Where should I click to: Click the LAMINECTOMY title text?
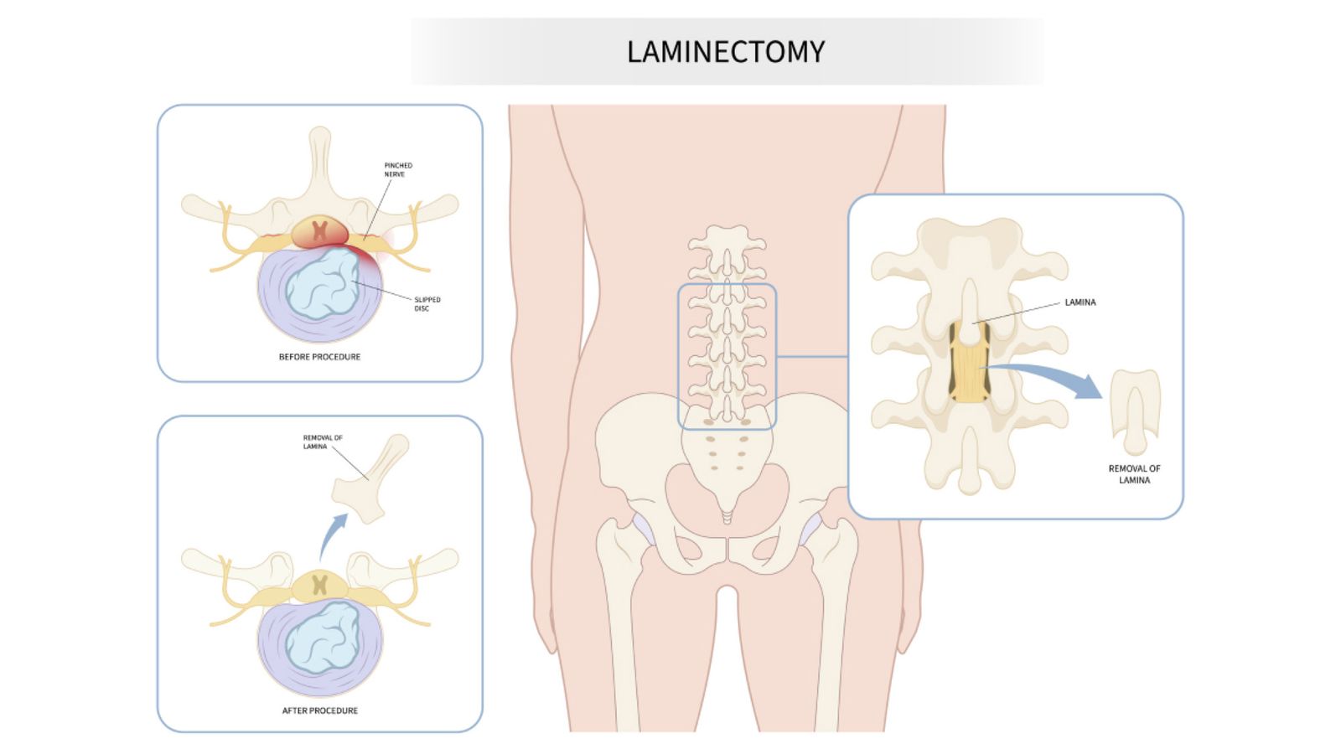tap(726, 52)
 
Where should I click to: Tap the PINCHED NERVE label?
tap(398, 170)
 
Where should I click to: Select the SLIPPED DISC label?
tap(427, 303)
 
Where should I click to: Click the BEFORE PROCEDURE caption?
tap(319, 357)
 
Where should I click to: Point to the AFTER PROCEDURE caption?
tap(319, 710)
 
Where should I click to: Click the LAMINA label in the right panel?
tap(1080, 302)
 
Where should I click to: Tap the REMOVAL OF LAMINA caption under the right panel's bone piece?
tap(1134, 474)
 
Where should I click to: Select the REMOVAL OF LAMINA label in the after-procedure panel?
tap(322, 442)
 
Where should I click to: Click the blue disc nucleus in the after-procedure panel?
tap(323, 638)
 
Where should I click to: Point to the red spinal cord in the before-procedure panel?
tap(319, 230)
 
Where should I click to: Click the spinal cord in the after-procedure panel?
tap(319, 585)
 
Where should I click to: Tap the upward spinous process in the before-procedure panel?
tap(319, 163)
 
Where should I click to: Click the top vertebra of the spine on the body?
tap(727, 240)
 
